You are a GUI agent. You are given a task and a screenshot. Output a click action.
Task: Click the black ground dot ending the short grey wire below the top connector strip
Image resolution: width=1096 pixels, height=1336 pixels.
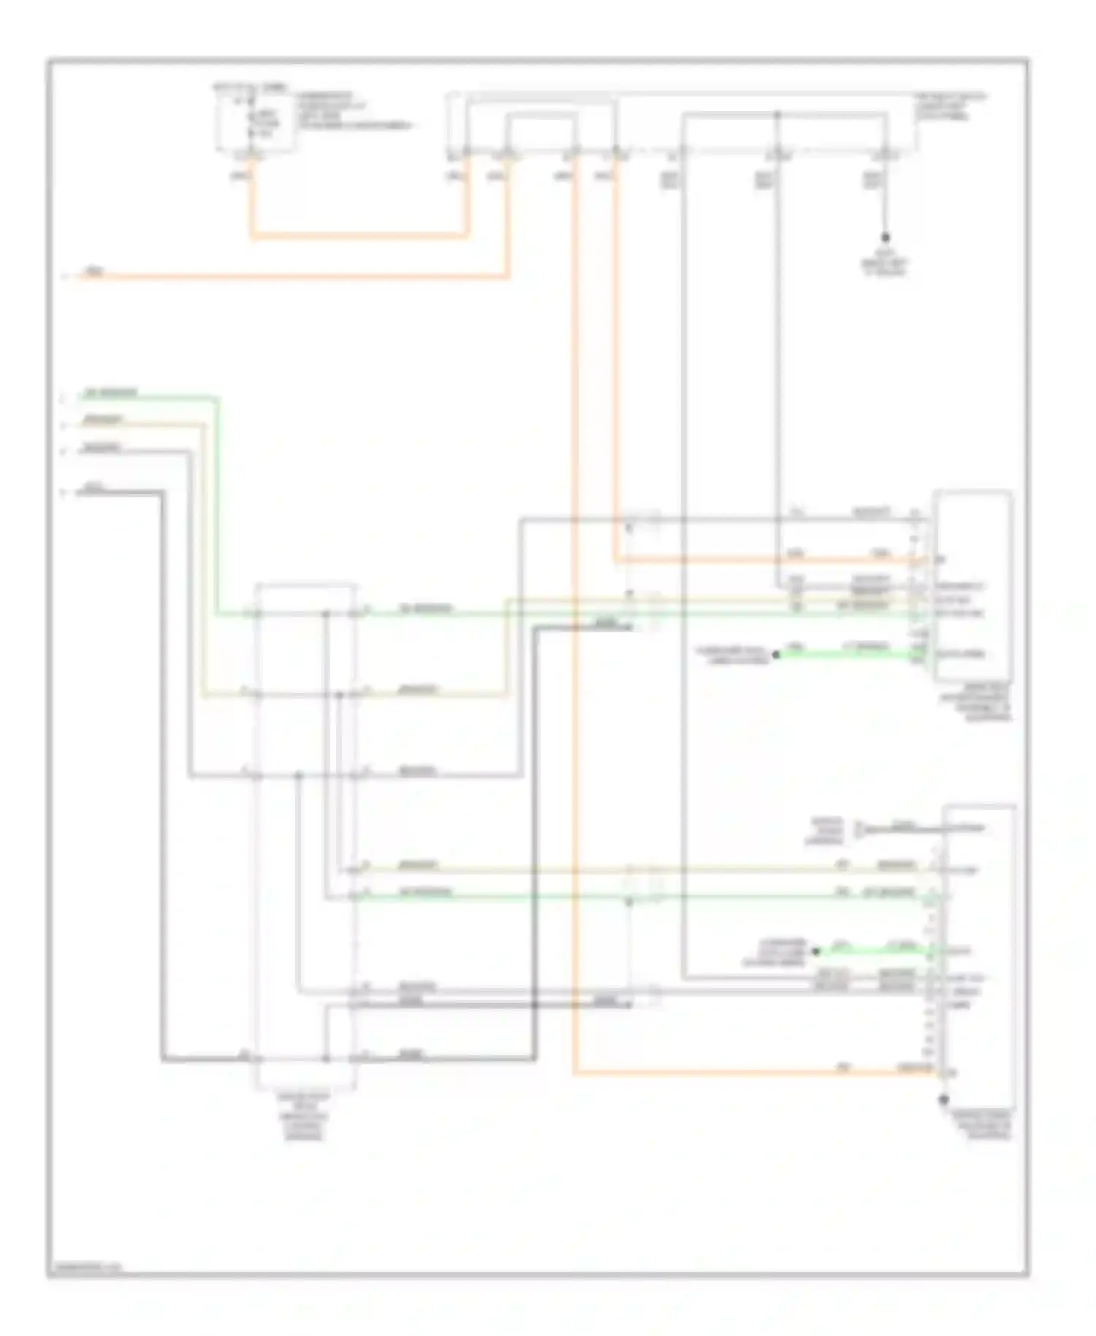point(885,238)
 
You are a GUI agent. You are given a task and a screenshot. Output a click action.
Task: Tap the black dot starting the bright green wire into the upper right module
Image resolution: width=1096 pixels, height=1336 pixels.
point(776,655)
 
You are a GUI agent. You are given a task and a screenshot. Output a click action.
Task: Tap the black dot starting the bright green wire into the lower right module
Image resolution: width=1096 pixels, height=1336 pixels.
point(816,952)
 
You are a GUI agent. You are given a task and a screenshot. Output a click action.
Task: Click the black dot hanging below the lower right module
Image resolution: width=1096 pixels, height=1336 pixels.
point(943,1099)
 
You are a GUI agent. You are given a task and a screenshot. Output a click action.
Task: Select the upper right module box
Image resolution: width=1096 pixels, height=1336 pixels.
point(973,585)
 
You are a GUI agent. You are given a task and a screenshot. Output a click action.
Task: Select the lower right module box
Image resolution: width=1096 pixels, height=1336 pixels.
point(979,950)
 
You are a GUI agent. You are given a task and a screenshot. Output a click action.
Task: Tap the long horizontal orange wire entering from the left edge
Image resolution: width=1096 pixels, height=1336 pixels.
point(292,277)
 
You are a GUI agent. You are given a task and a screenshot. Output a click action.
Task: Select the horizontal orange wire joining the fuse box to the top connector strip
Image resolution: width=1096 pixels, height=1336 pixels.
point(358,236)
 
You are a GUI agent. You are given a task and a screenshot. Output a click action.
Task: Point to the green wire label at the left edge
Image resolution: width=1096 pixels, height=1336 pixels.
point(110,393)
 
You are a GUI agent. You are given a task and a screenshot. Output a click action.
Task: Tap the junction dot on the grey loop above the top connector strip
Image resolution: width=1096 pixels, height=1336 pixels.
point(777,115)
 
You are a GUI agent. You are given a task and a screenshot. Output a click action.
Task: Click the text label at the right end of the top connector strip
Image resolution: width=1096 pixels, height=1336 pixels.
point(950,107)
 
